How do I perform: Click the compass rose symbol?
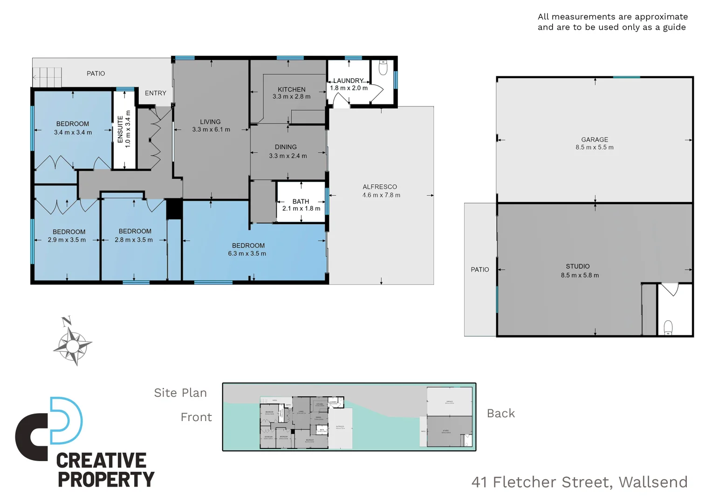point(72,345)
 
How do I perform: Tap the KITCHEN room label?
point(292,89)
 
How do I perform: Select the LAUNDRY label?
point(348,81)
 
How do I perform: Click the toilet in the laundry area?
point(383,68)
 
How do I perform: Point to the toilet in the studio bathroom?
point(668,327)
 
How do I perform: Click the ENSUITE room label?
point(120,129)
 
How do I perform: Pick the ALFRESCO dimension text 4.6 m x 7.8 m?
point(381,195)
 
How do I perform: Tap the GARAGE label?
point(595,140)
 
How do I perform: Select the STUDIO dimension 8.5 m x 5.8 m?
point(580,275)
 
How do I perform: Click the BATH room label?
point(301,201)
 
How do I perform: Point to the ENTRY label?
point(156,93)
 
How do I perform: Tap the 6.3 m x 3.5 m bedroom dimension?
point(247,254)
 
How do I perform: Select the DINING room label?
point(286,147)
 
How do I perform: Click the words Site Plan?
point(180,393)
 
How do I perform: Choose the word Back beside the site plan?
point(501,414)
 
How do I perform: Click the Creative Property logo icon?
point(49,428)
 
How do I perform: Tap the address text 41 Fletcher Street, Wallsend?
point(579,482)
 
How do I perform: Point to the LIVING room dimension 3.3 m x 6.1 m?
point(211,129)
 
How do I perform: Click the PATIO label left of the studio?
point(480,270)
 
